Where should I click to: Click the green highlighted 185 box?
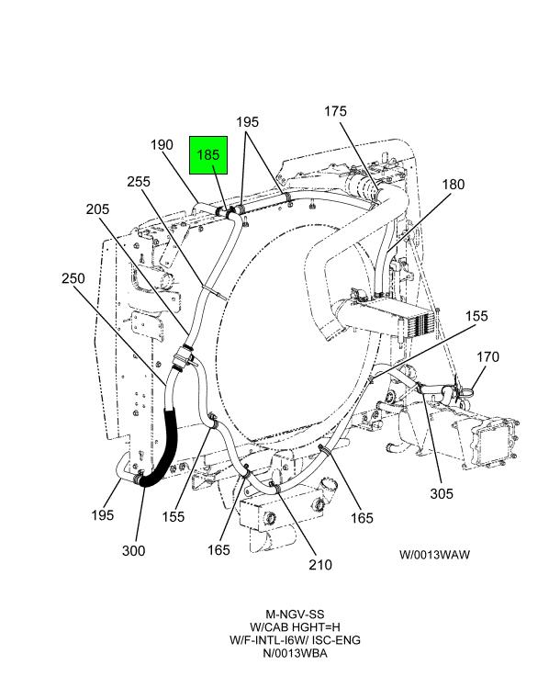tap(208, 155)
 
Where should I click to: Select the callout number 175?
tap(335, 111)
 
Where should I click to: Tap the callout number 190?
tap(162, 144)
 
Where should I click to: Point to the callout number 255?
tap(139, 182)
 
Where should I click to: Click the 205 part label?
tap(97, 209)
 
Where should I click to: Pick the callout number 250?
tap(73, 278)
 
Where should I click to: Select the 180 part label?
tap(454, 184)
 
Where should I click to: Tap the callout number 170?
tap(487, 356)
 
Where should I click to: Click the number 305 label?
tap(441, 493)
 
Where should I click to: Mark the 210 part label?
tap(319, 565)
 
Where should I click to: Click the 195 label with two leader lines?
tap(248, 122)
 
